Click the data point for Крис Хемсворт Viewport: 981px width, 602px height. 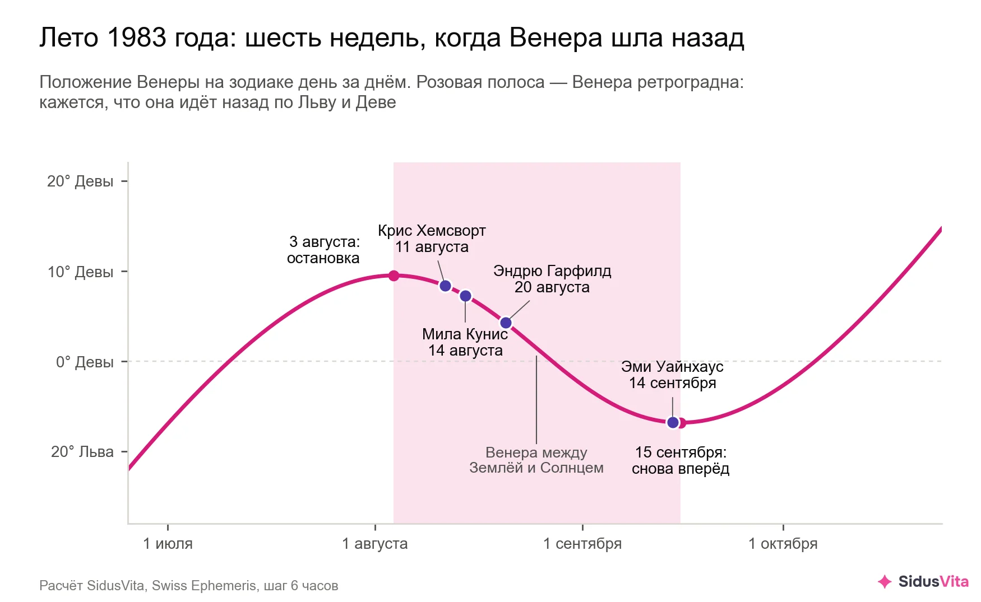point(446,286)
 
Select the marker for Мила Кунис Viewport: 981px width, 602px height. point(465,296)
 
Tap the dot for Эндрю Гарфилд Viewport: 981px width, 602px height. point(506,323)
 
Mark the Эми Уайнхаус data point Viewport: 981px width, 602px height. point(673,422)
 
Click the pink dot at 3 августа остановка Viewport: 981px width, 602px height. point(394,276)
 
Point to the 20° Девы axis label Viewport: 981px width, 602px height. point(80,181)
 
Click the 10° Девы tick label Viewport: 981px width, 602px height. point(80,272)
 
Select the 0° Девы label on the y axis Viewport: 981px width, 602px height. point(85,362)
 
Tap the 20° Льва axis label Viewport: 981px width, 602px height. point(82,452)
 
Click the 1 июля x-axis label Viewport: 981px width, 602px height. point(168,544)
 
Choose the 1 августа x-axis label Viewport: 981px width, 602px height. point(375,544)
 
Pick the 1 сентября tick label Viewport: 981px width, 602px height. point(582,544)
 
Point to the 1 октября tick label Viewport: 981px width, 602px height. point(783,544)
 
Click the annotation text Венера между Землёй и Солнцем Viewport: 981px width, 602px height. point(536,460)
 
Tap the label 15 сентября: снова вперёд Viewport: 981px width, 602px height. point(681,460)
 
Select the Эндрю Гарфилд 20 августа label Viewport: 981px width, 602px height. point(552,279)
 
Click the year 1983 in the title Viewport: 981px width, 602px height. point(137,38)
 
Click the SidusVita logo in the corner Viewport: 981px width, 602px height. point(923,582)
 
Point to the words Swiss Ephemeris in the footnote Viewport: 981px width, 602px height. point(204,586)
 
